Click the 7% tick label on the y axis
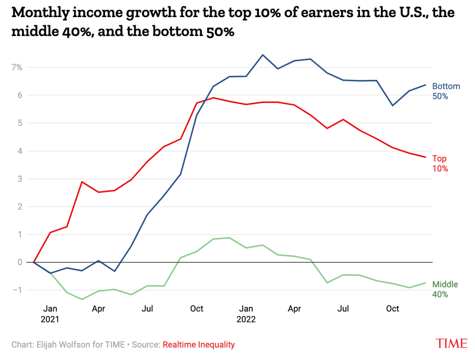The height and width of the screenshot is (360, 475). click(17, 67)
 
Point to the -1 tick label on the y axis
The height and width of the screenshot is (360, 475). click(18, 290)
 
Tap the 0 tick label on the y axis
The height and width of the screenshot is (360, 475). click(20, 262)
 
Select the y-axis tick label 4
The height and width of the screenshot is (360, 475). click(20, 151)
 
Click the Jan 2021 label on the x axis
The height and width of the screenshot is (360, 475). click(50, 314)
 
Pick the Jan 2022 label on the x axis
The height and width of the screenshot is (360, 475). click(246, 314)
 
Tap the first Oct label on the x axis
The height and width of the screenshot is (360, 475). click(197, 309)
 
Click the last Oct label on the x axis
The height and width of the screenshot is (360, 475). click(392, 309)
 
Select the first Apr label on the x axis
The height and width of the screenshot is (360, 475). click(98, 309)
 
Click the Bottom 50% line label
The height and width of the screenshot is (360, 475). click(446, 91)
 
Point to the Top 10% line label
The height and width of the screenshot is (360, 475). click(440, 163)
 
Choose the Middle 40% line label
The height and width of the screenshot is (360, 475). click(445, 289)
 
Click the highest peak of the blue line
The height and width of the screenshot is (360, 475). click(263, 55)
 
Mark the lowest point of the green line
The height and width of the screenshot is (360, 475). click(82, 299)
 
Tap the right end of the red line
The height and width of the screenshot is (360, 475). click(426, 157)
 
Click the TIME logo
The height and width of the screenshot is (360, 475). click(451, 343)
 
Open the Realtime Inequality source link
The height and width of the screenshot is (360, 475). click(199, 345)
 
